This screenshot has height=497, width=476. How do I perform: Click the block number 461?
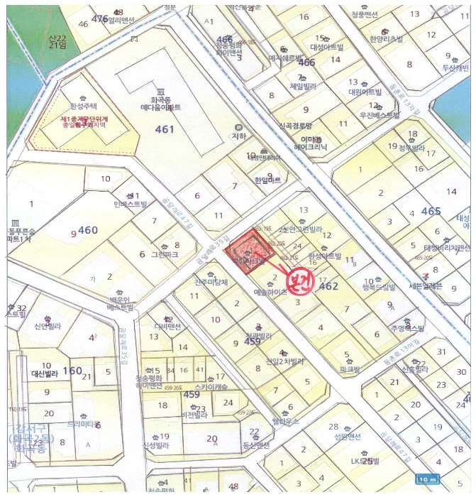(x=164, y=129)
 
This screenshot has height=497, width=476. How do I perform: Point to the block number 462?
(x=328, y=286)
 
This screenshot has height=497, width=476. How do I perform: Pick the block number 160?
(x=72, y=371)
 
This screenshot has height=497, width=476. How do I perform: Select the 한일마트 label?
(x=267, y=180)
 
